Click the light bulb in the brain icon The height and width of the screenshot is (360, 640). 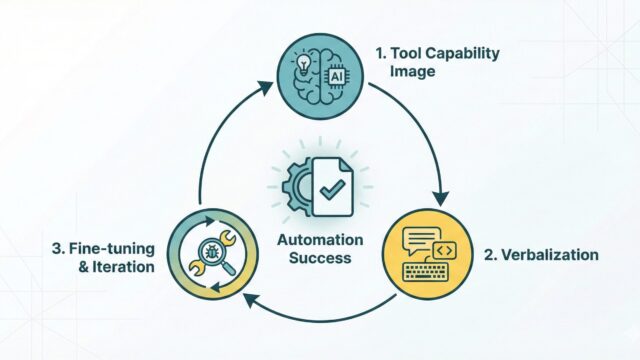tap(303, 64)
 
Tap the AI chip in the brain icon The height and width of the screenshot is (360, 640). tap(336, 76)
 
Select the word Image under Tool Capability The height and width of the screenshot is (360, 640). tap(412, 71)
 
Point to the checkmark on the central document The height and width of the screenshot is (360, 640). tap(332, 189)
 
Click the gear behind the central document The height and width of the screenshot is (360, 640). tap(298, 187)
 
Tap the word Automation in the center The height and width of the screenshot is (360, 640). tap(320, 240)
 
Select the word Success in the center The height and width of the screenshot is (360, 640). tap(320, 258)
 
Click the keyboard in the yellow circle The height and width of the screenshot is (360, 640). tap(425, 272)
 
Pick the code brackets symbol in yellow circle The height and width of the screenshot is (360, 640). tap(444, 250)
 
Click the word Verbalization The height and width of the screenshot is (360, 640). tap(549, 255)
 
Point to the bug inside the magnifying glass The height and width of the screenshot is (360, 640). tap(211, 252)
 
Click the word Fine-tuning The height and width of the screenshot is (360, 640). tap(112, 249)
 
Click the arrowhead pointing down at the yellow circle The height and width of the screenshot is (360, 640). tap(440, 198)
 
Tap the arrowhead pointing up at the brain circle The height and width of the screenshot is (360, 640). tap(264, 87)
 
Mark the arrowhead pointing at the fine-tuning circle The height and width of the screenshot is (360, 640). tap(251, 300)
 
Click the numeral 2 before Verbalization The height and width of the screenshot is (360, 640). tap(489, 255)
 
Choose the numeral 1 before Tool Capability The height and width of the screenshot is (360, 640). tap(380, 53)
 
